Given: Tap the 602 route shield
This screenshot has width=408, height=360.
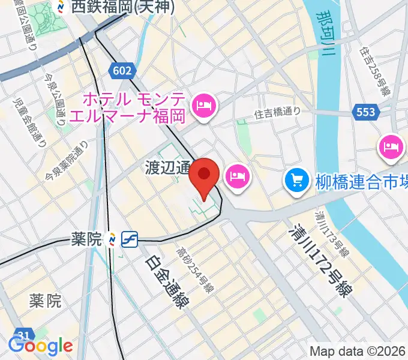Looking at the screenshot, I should [121, 71].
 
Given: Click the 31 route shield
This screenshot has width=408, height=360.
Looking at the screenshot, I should [23, 334].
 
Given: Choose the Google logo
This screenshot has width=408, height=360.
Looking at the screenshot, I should [40, 346].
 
